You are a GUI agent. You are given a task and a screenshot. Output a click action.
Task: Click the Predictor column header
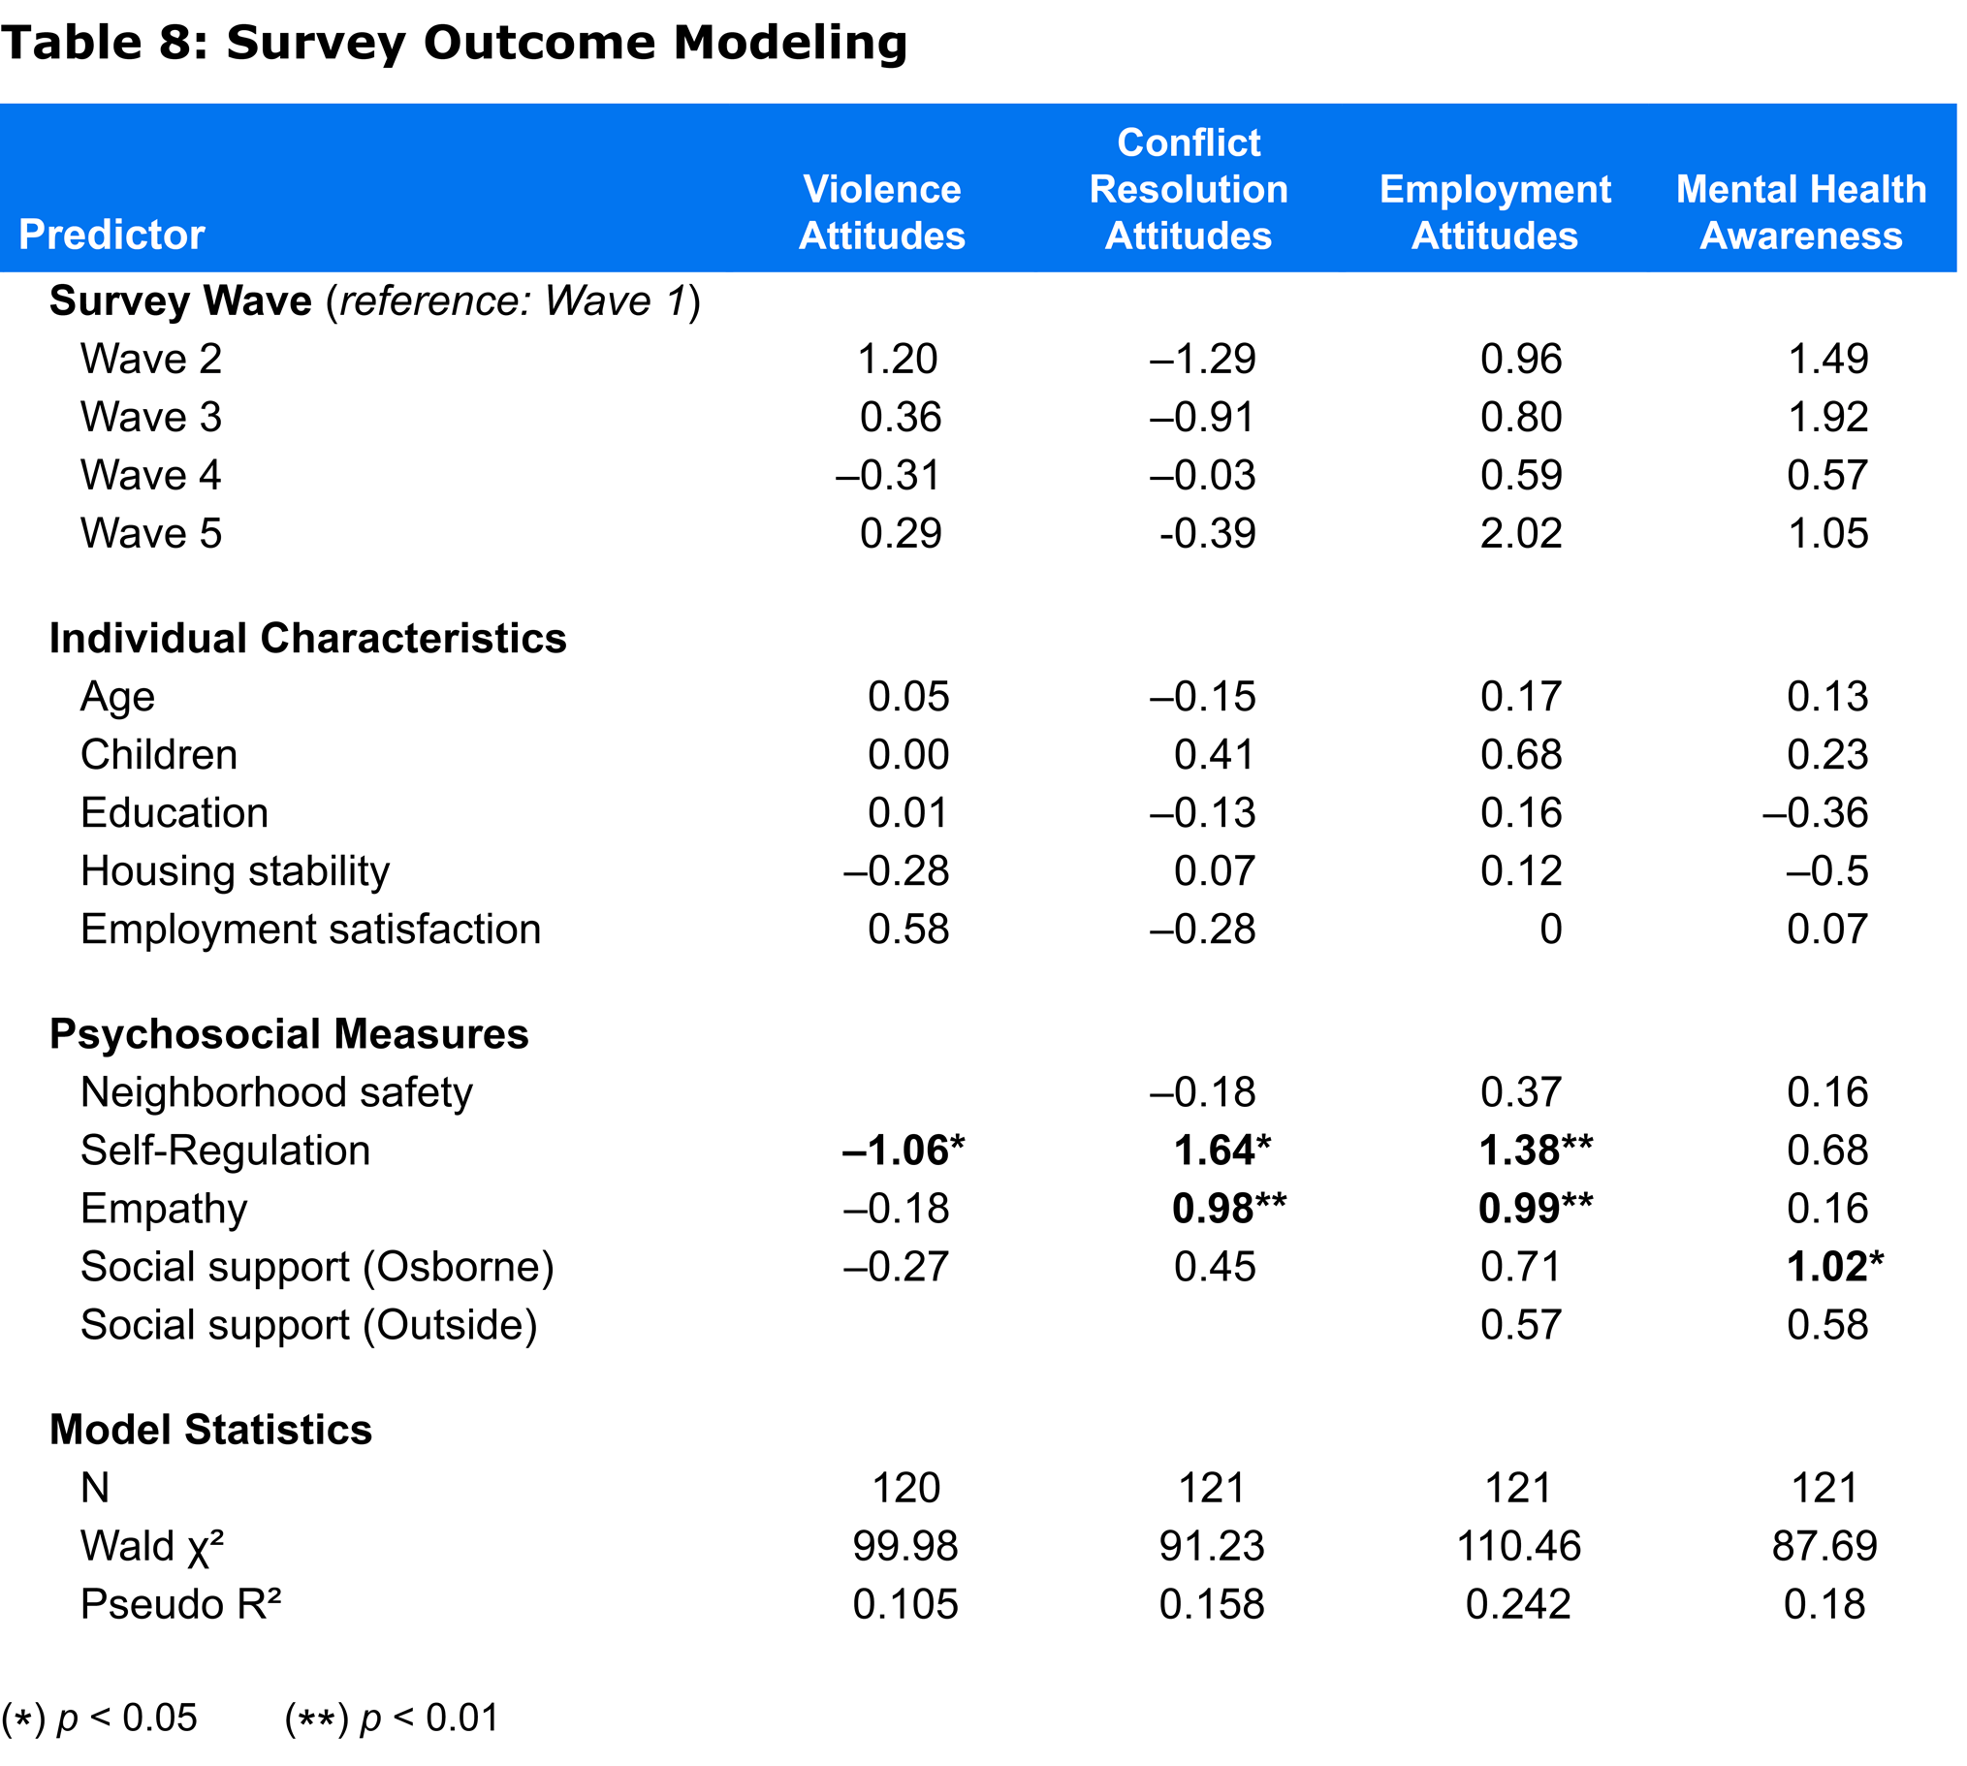click(111, 235)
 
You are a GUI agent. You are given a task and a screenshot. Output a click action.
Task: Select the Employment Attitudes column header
click(1495, 211)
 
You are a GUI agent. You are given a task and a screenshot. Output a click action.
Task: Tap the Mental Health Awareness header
click(1801, 211)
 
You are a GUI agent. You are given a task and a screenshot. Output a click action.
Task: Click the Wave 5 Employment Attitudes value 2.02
click(1521, 533)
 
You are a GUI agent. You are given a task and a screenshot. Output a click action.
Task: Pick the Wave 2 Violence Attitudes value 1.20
click(898, 359)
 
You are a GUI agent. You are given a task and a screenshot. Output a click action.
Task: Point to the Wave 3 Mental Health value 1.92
click(1827, 417)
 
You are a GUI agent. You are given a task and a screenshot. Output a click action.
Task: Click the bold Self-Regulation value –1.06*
click(903, 1150)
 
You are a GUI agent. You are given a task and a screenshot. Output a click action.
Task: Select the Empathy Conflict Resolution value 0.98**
click(1228, 1208)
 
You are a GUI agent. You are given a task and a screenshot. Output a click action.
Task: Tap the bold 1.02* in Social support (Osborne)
click(1834, 1266)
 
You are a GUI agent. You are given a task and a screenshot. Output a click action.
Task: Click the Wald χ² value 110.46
click(1519, 1546)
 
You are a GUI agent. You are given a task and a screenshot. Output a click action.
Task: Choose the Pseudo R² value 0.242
click(1519, 1604)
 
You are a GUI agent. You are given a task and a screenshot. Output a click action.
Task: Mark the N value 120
click(905, 1488)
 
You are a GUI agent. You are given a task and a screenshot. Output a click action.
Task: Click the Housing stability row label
click(235, 871)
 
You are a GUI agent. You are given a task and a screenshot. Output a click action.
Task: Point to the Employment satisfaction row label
click(310, 930)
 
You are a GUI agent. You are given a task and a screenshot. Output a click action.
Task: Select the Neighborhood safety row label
click(276, 1092)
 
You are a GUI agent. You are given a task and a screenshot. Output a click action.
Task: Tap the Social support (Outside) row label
click(308, 1326)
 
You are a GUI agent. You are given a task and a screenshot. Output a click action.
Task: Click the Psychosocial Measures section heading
click(289, 1034)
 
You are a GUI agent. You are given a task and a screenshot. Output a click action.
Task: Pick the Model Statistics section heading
click(210, 1431)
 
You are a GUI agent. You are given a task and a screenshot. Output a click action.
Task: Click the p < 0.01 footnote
click(391, 1719)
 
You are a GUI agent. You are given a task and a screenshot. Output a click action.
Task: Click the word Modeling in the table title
click(790, 44)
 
